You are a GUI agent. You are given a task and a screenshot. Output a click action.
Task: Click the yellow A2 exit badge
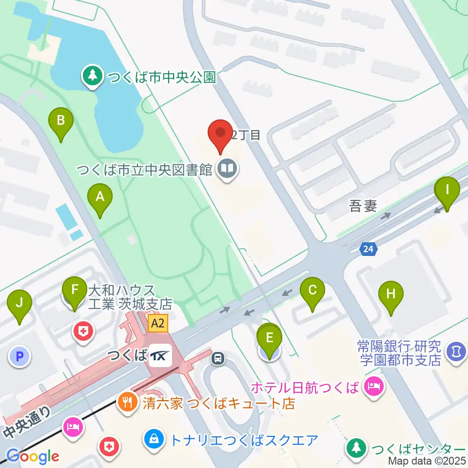[x=158, y=323]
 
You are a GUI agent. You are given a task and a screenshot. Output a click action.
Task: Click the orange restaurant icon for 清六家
[x=126, y=403]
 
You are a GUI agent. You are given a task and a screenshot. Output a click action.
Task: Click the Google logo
[x=33, y=457]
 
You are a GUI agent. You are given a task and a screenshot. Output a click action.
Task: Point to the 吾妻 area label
[x=363, y=206]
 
